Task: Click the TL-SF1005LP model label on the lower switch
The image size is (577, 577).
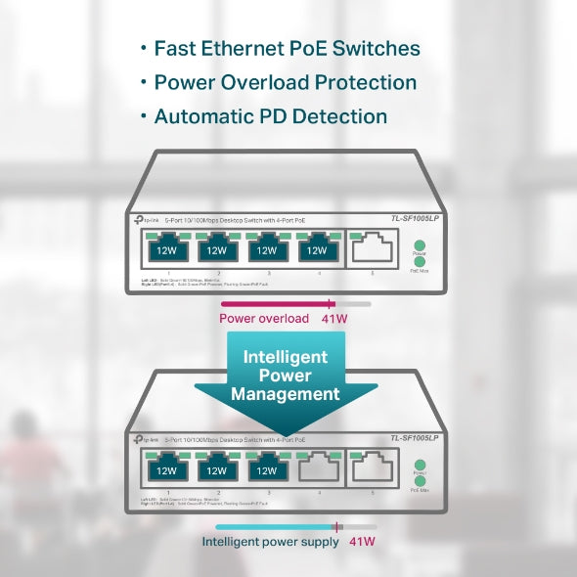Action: pyautogui.click(x=417, y=439)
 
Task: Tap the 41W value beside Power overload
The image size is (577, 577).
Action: pyautogui.click(x=335, y=319)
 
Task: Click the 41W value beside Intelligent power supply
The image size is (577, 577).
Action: pyautogui.click(x=362, y=541)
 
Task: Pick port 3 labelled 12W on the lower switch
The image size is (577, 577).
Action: pyautogui.click(x=266, y=469)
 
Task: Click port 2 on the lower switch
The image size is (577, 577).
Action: pyautogui.click(x=216, y=469)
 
